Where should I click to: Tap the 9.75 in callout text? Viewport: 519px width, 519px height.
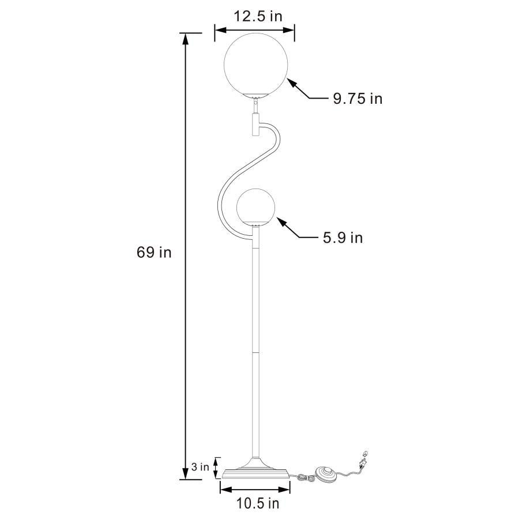click(357, 99)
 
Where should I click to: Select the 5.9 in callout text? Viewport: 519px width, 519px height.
click(343, 238)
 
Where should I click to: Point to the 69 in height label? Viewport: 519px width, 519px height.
click(154, 253)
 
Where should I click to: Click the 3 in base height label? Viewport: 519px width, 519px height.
click(200, 467)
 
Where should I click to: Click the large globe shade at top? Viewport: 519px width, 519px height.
click(254, 64)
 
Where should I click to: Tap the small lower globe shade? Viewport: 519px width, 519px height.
click(255, 206)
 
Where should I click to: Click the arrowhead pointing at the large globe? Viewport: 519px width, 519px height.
click(291, 83)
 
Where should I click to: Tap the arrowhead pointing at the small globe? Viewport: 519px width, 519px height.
click(280, 221)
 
